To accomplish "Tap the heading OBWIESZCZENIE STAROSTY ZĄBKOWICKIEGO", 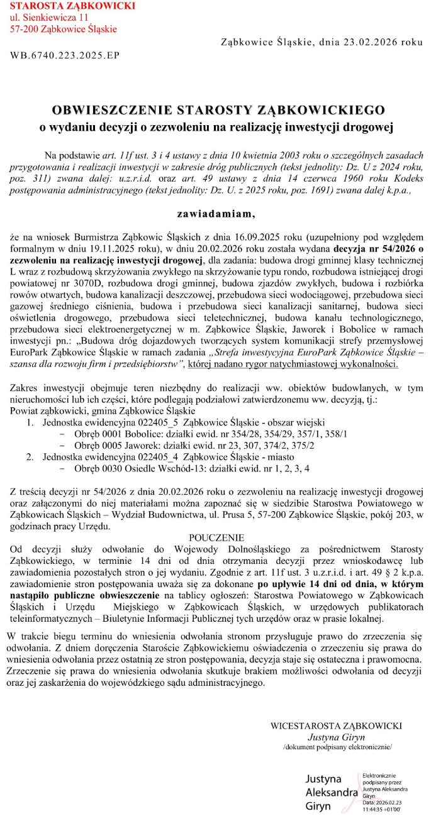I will pyautogui.click(x=218, y=111).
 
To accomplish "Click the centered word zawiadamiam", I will pyautogui.click(x=216, y=214).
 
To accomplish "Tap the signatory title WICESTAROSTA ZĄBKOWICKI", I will pyautogui.click(x=337, y=725).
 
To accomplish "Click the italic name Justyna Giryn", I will pyautogui.click(x=337, y=737).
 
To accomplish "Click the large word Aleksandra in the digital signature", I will pyautogui.click(x=332, y=793).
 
